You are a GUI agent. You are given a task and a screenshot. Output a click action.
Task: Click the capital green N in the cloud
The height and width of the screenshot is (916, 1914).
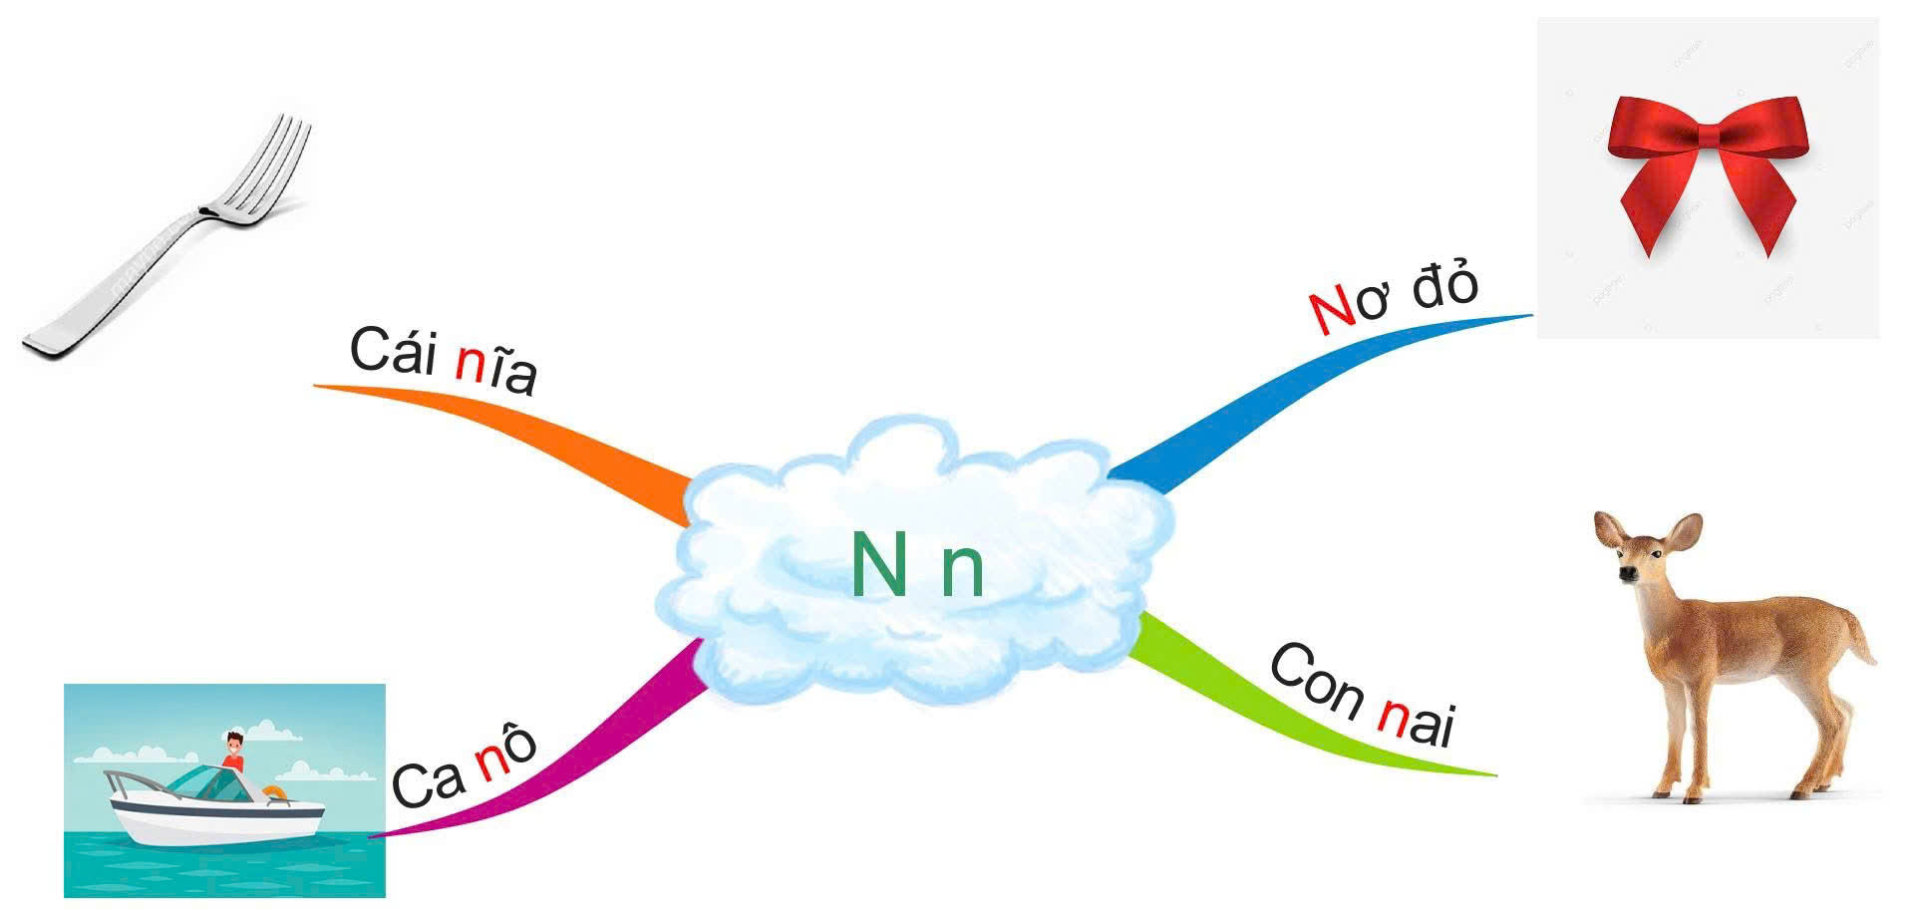pyautogui.click(x=878, y=564)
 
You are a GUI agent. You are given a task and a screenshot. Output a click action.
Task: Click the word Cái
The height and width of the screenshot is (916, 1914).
pyautogui.click(x=394, y=351)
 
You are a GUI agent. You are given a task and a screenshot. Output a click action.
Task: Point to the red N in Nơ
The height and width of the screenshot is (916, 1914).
pyautogui.click(x=1333, y=311)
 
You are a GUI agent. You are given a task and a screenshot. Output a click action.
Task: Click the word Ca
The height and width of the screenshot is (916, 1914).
pyautogui.click(x=429, y=782)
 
